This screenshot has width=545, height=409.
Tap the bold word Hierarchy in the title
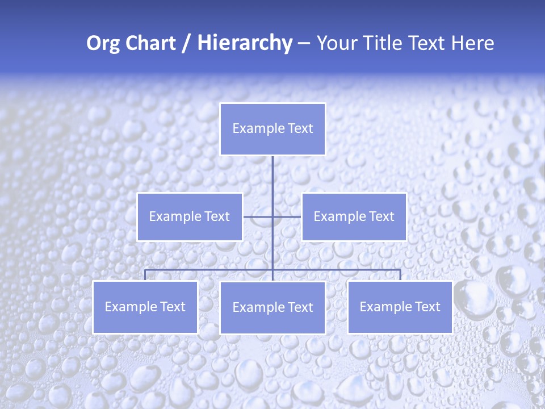[244, 43]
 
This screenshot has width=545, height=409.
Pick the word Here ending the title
[472, 43]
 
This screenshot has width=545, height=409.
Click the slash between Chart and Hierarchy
[186, 43]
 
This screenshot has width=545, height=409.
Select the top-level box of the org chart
[272, 129]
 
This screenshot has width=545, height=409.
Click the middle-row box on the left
[190, 216]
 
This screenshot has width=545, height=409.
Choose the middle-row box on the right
[354, 216]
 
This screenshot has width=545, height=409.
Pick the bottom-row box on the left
[145, 307]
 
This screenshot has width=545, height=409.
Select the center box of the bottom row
[272, 307]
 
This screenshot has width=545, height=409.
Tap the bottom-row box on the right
[400, 307]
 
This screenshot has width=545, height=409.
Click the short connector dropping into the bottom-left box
[145, 275]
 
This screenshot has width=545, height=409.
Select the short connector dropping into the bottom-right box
[400, 275]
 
